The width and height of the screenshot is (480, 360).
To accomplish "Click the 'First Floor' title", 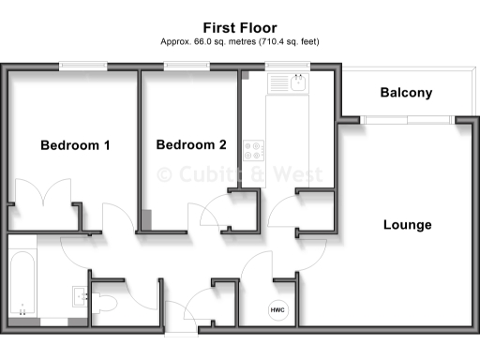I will tap(240, 28).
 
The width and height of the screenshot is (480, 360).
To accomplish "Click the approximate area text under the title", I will tap(240, 42).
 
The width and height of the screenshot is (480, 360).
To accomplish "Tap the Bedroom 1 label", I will tap(75, 145).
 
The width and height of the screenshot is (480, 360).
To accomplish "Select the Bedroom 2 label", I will tap(191, 145).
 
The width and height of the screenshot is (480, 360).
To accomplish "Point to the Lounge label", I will tap(407, 225).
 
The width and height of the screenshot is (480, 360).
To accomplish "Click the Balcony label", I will tap(406, 93).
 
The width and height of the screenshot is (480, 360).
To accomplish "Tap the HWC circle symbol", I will tap(277, 309).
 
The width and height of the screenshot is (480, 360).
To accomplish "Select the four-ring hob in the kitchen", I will tap(254, 148).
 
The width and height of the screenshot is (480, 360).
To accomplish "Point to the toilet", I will tap(105, 301).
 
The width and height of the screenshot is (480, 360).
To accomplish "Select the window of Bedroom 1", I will tap(82, 67).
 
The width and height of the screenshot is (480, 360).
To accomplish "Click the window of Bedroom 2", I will tap(187, 67).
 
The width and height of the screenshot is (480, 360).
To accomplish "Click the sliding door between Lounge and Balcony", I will tap(407, 119).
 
